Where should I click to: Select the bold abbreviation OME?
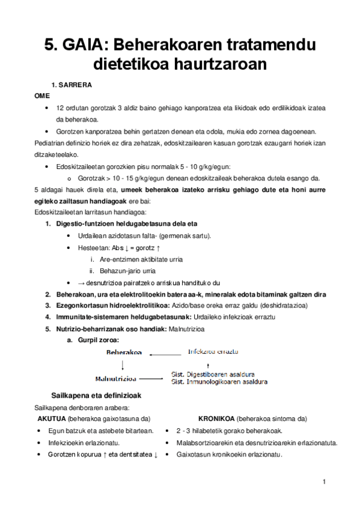42,96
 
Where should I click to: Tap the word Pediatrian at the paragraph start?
50,143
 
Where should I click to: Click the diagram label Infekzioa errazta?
213,351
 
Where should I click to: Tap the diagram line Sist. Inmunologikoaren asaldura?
219,381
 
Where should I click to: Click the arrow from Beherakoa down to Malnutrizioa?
123,366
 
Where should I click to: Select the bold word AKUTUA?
52,419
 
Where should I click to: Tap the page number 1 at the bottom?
323,482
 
